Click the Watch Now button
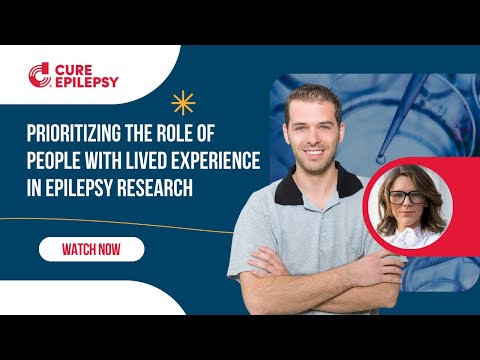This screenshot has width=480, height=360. point(91,249)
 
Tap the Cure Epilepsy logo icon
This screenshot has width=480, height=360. point(38,73)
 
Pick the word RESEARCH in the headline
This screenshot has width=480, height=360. point(152,186)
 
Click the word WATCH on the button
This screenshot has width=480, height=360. point(78,249)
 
